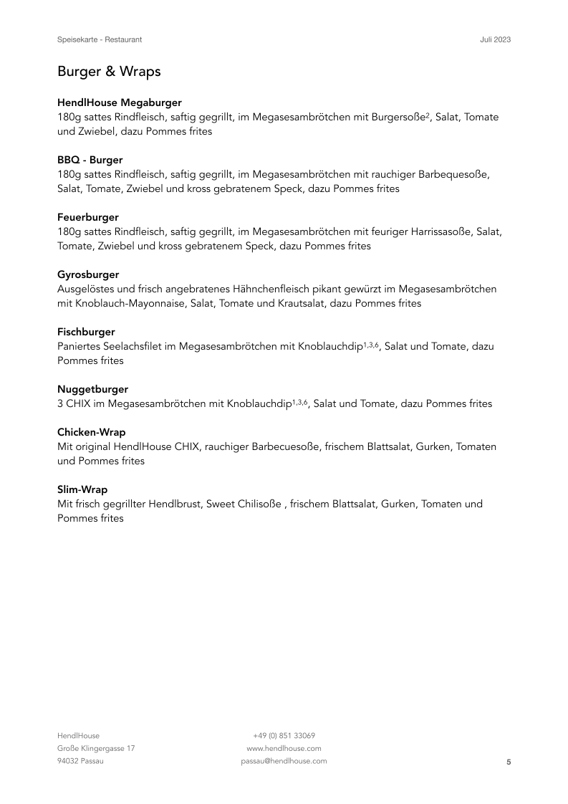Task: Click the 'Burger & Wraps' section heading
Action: tap(109, 72)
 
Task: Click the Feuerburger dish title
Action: tap(88, 217)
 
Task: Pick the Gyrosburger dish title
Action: tap(88, 274)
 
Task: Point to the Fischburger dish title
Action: tap(86, 332)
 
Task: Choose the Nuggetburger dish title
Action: tap(93, 389)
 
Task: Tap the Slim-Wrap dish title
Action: tap(82, 489)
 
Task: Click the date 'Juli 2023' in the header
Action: tap(495, 39)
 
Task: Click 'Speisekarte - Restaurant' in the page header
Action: tap(105, 39)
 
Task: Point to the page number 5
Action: tap(509, 762)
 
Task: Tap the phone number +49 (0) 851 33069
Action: tap(284, 735)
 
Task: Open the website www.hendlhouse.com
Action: tap(284, 748)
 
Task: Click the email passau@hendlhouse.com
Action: tap(284, 761)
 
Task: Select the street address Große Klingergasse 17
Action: tap(96, 748)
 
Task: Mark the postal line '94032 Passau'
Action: tap(80, 761)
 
